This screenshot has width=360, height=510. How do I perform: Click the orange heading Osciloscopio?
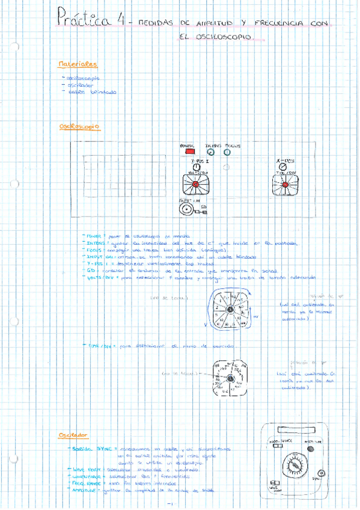[x=80, y=127]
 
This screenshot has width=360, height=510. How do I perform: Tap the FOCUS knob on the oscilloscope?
[x=227, y=153]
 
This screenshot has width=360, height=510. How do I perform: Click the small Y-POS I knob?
[x=196, y=167]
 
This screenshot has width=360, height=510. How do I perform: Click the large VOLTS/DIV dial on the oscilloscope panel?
[x=195, y=185]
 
